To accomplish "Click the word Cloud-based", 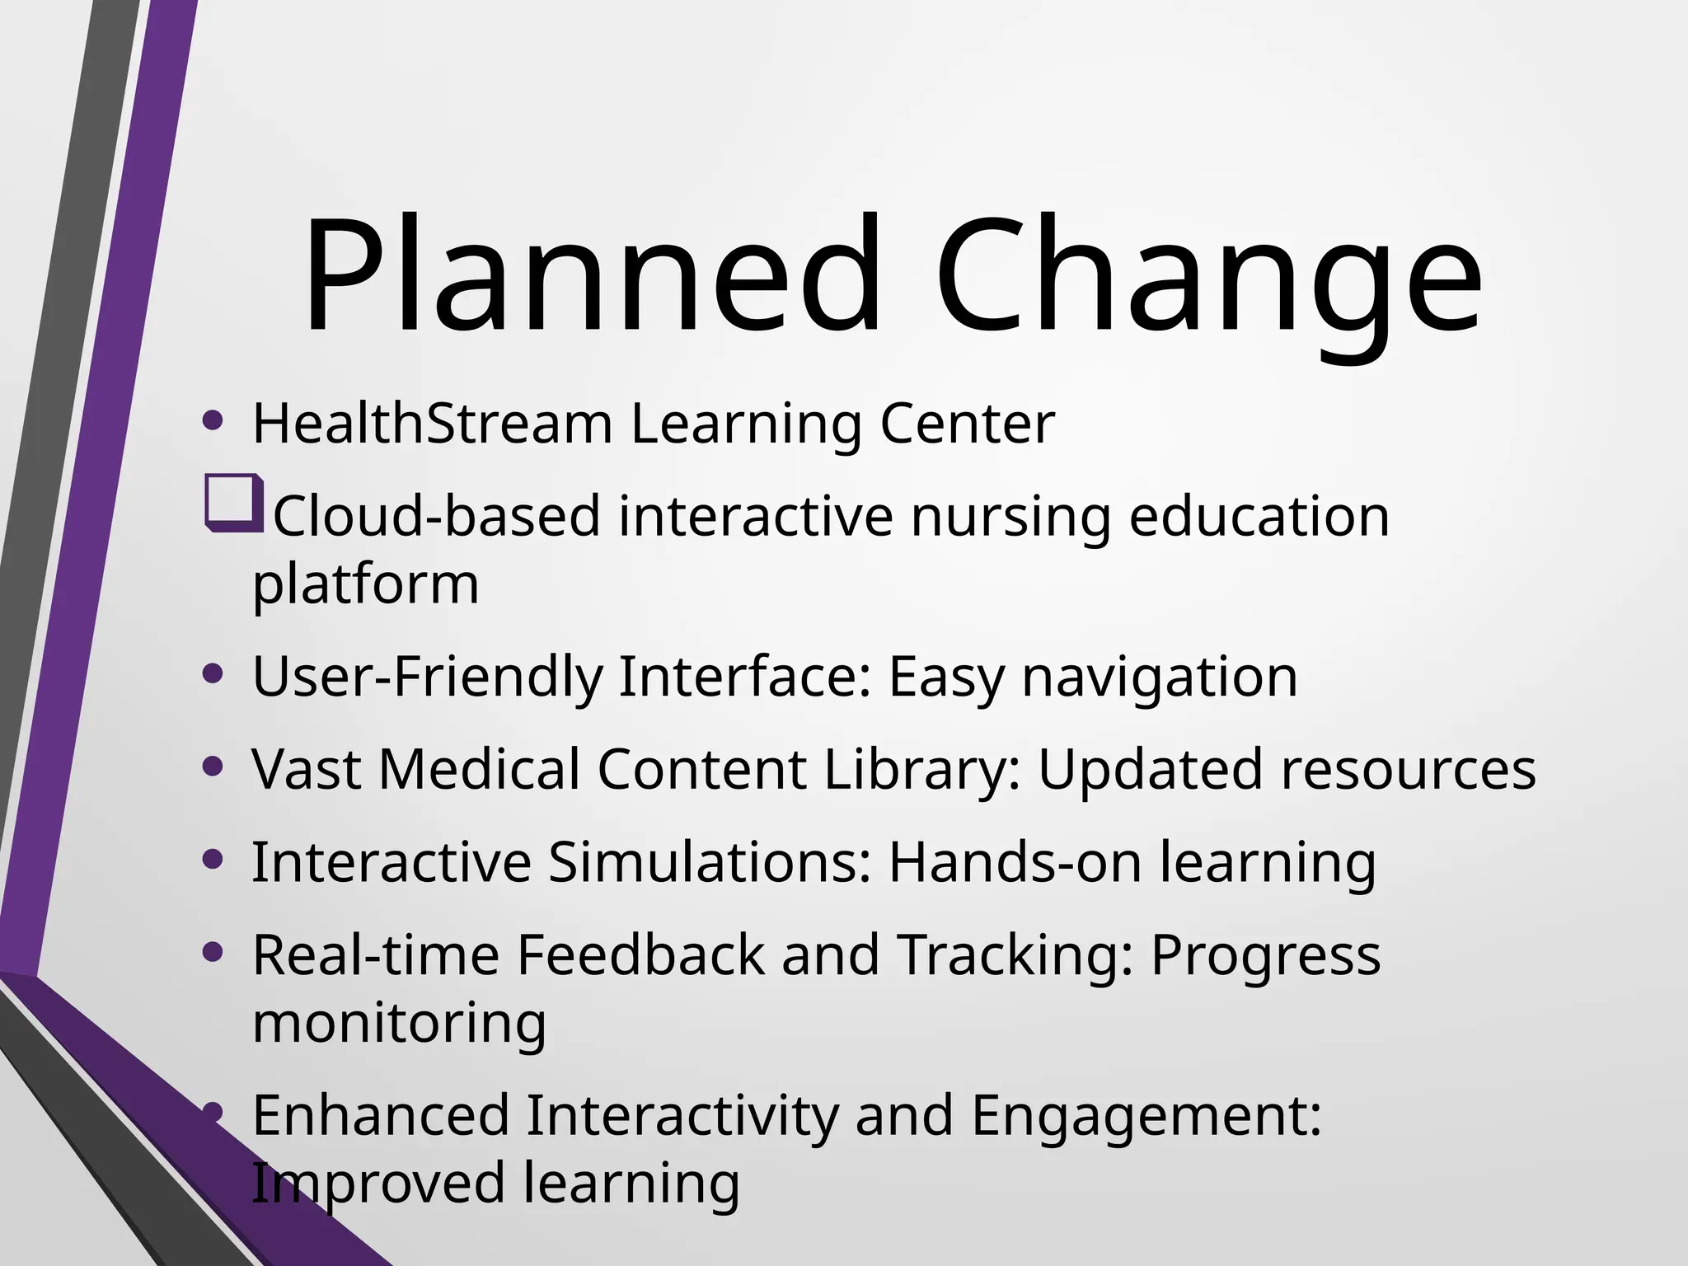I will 436,517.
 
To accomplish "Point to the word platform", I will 365,584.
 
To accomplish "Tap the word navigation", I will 1159,677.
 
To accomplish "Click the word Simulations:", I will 709,862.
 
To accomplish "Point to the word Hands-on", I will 1015,862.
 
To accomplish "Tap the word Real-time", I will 376,955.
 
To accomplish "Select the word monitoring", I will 399,1023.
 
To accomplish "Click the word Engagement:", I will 1146,1115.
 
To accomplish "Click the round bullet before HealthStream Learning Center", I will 213,421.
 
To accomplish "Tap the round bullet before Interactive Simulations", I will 213,860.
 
